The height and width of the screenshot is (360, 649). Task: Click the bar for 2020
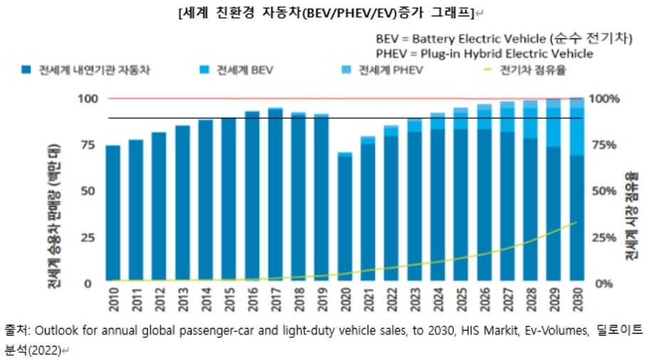tap(345, 217)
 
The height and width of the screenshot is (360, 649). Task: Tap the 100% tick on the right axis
tap(607, 98)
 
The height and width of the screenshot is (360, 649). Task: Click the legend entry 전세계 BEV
tap(246, 71)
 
